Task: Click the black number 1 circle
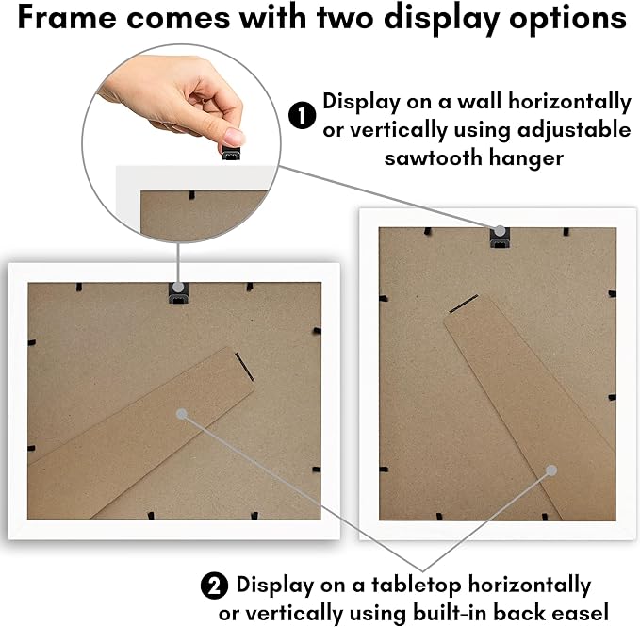[302, 115]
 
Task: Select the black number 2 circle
[214, 586]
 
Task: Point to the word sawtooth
[433, 157]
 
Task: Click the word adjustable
[574, 131]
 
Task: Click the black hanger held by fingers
[231, 153]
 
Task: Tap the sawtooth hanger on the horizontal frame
[179, 293]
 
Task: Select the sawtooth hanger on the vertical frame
[500, 238]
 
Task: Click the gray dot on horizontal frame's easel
[182, 414]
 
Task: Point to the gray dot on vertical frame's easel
[551, 470]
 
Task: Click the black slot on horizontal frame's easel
[244, 367]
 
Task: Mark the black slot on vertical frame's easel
[464, 304]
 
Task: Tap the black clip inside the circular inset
[191, 195]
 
